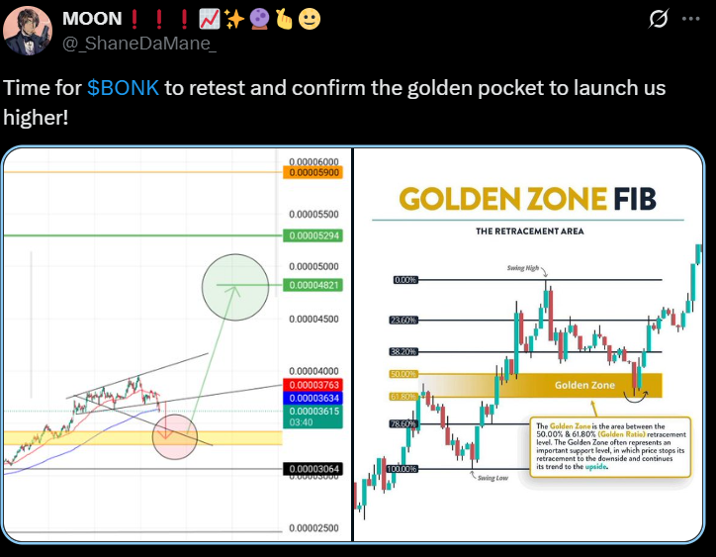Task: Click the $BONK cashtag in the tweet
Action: point(123,87)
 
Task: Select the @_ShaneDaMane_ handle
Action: point(139,44)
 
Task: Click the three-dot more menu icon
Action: point(690,20)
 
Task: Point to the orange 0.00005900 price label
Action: point(312,172)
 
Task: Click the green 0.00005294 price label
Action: point(312,236)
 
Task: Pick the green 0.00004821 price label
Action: point(312,286)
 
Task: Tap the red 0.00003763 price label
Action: point(312,385)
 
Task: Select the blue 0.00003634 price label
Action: point(312,398)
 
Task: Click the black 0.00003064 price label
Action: point(312,469)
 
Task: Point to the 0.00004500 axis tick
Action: point(312,319)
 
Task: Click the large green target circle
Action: point(234,286)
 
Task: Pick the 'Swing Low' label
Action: point(492,477)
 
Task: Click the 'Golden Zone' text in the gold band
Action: point(585,384)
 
